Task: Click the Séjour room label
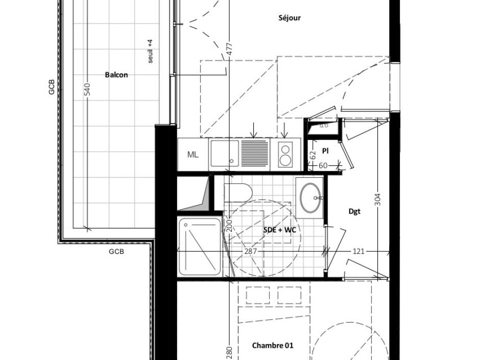(x=290, y=18)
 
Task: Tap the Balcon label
(x=116, y=75)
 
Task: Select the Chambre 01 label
(x=273, y=346)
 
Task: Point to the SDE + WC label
(x=279, y=230)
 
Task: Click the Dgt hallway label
(x=354, y=211)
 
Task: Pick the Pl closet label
(x=325, y=151)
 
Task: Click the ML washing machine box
(x=193, y=155)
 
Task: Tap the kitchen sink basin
(x=224, y=153)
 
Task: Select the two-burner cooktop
(x=285, y=155)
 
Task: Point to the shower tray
(x=200, y=247)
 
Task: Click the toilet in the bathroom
(x=238, y=193)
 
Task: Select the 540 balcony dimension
(x=87, y=89)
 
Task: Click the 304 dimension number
(x=378, y=199)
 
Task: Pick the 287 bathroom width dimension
(x=250, y=251)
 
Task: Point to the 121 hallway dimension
(x=357, y=251)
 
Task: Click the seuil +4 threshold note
(x=151, y=52)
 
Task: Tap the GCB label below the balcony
(x=116, y=252)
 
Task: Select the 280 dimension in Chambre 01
(x=229, y=352)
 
